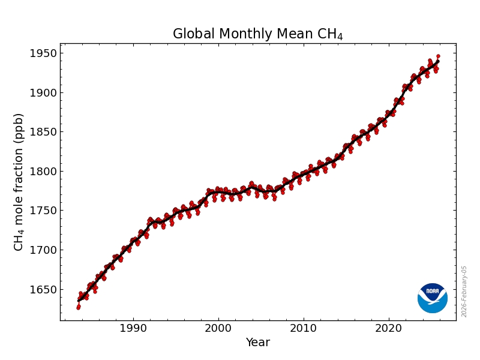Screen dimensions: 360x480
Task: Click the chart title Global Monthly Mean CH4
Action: [x=257, y=34]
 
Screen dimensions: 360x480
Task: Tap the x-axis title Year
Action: [x=258, y=343]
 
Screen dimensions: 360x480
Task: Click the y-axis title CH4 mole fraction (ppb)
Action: [x=19, y=182]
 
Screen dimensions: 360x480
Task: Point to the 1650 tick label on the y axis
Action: [x=44, y=289]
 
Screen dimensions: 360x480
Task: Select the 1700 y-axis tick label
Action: [x=44, y=250]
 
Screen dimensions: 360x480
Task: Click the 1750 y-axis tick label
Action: [x=44, y=211]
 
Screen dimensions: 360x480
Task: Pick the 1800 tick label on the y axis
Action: [x=44, y=172]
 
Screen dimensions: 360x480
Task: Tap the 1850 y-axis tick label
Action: [x=44, y=132]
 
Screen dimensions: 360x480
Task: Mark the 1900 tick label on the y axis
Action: [x=44, y=93]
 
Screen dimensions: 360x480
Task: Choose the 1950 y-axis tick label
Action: [x=44, y=53]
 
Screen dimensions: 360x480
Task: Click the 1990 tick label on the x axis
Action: [x=133, y=328]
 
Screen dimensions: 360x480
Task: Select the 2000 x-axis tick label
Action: [x=218, y=328]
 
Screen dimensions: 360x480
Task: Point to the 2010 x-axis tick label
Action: [x=303, y=328]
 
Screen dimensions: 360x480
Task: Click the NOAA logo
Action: [x=433, y=298]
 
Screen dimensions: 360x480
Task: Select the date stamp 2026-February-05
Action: [x=464, y=292]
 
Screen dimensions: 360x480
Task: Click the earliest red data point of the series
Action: [x=78, y=307]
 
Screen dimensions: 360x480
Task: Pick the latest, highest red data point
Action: [x=438, y=56]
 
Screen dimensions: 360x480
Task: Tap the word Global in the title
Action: [x=192, y=34]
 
